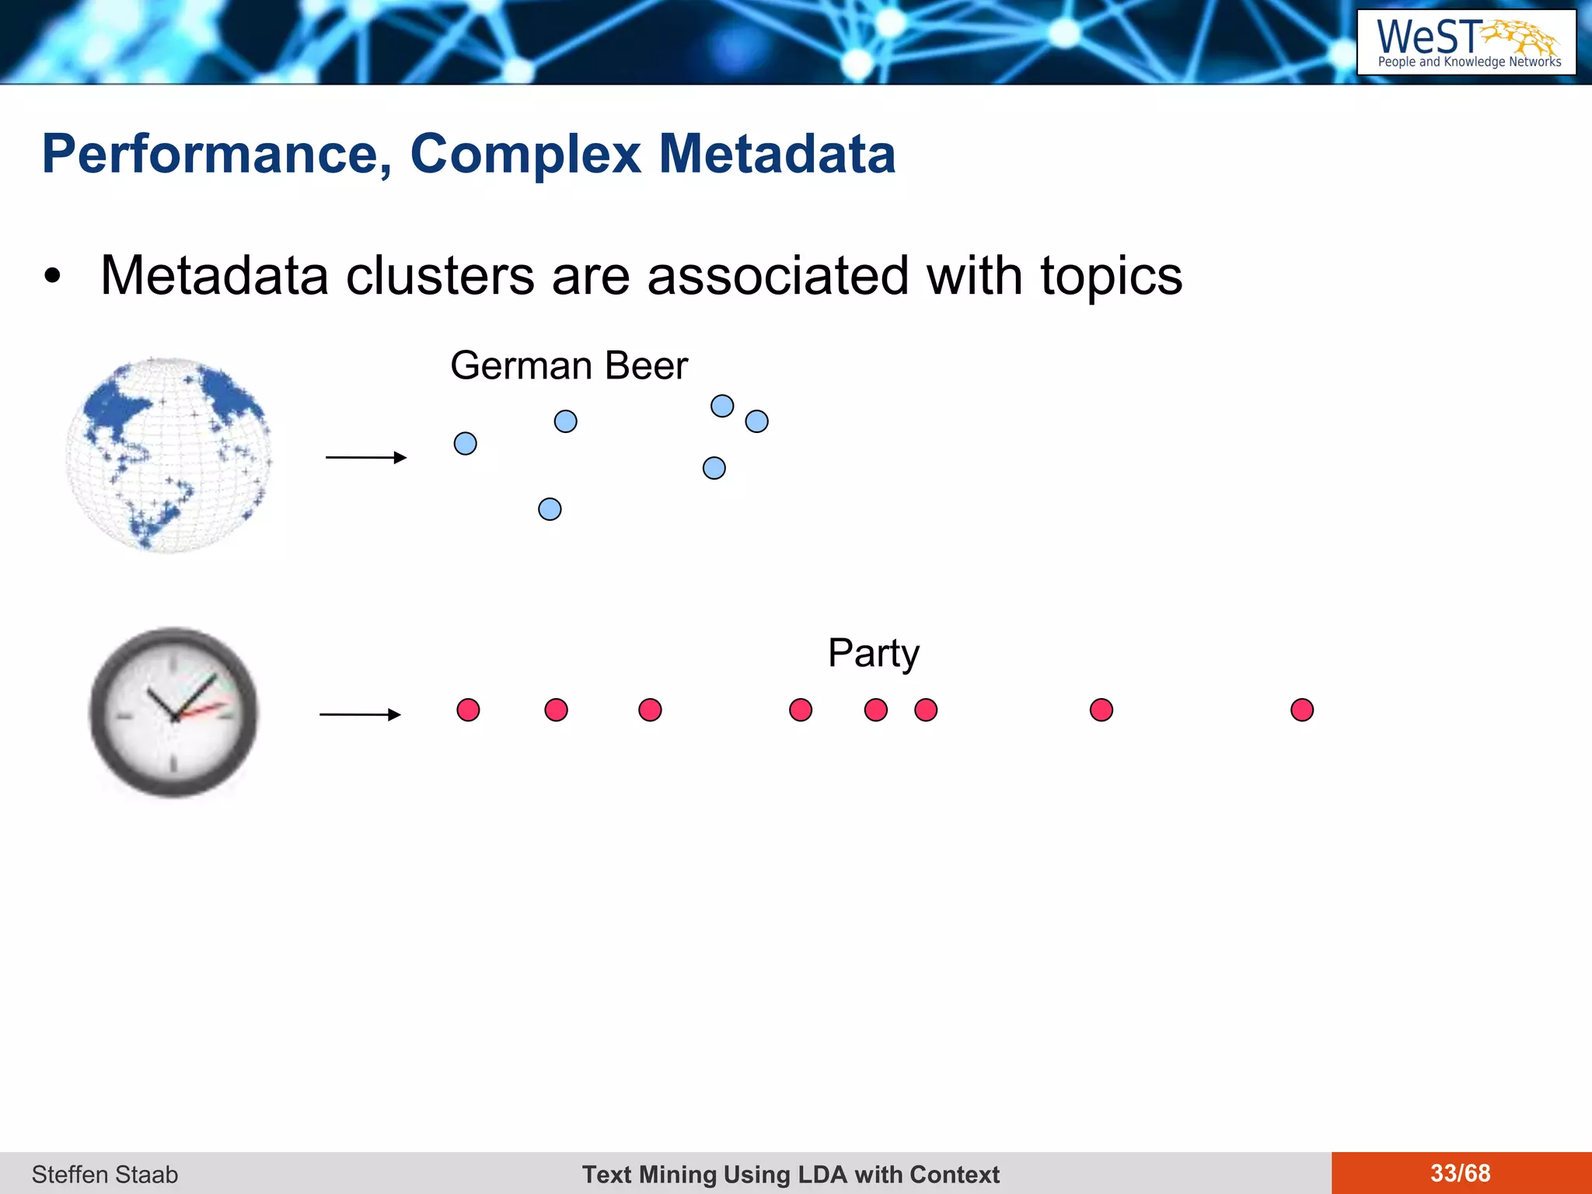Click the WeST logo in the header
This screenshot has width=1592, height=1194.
click(x=1466, y=43)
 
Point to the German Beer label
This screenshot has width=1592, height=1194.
click(x=569, y=365)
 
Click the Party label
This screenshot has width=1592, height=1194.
click(x=873, y=653)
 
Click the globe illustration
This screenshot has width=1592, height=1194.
click(x=169, y=455)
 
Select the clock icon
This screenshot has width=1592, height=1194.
click(x=173, y=712)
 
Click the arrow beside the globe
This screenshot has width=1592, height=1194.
click(x=366, y=457)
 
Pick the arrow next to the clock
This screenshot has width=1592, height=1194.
click(x=360, y=714)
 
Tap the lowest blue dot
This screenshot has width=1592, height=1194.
click(x=550, y=509)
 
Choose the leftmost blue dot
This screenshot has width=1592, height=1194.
click(x=465, y=444)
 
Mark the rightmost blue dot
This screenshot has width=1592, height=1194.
click(x=756, y=421)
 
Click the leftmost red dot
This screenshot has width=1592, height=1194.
click(x=468, y=710)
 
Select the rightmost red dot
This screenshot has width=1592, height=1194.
click(x=1302, y=710)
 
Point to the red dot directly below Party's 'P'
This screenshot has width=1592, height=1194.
click(x=876, y=710)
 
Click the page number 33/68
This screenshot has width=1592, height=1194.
click(x=1460, y=1173)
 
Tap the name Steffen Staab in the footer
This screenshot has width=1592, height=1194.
click(x=105, y=1174)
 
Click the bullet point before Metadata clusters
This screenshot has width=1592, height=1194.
click(x=52, y=277)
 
